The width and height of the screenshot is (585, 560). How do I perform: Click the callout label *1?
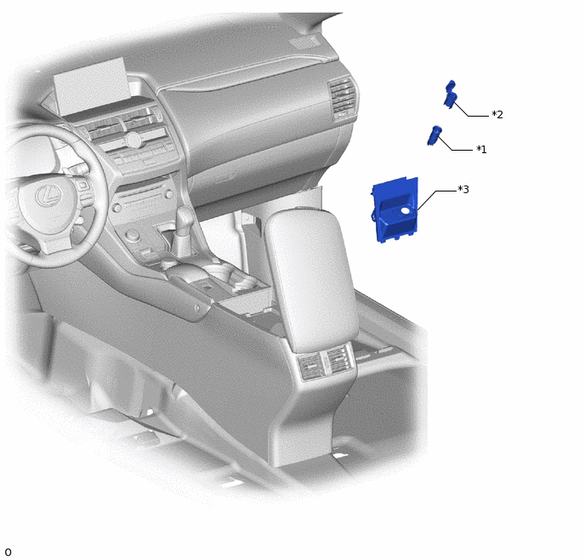481,150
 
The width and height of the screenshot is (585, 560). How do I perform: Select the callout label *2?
497,115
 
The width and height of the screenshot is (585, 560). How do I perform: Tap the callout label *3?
463,190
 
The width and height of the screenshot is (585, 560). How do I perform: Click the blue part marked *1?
434,135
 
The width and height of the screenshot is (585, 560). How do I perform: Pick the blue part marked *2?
451,95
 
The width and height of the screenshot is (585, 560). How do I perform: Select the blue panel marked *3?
395,210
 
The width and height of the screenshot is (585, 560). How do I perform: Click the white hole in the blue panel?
406,211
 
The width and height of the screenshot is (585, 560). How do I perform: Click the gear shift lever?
184,231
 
